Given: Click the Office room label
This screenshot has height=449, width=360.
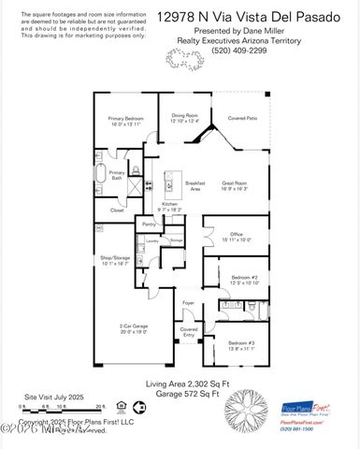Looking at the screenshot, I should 235,236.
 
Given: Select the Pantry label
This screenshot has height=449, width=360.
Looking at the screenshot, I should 149,224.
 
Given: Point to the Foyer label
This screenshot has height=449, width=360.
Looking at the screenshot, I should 188,304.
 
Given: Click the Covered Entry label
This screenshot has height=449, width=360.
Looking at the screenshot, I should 188,333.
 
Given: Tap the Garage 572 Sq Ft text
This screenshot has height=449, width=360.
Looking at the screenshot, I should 183,395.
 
